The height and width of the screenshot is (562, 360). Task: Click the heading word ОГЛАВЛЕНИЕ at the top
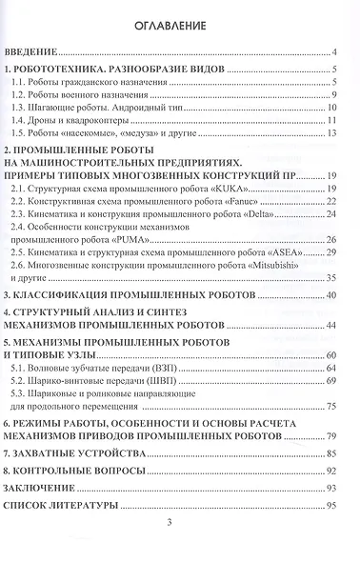[x=179, y=23]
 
